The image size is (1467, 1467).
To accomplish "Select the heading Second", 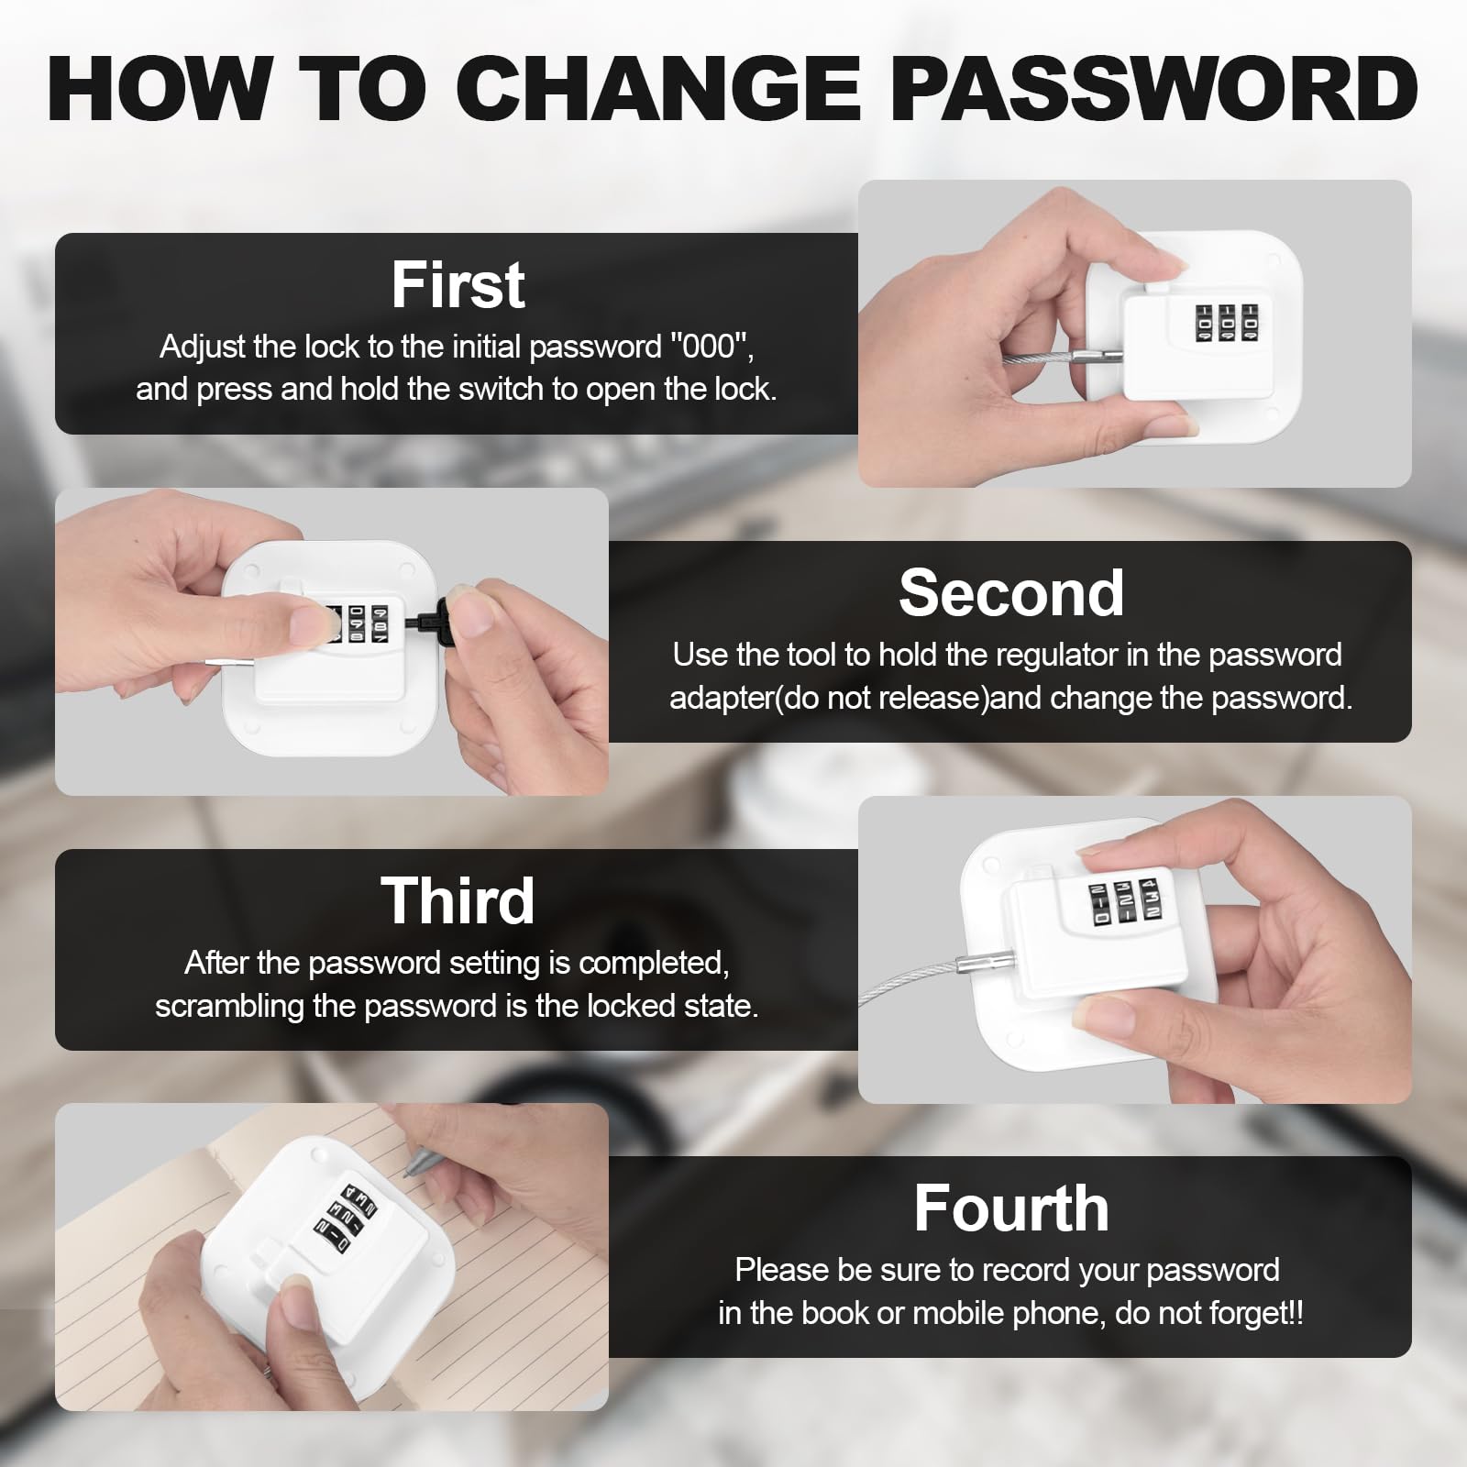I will coord(1010,592).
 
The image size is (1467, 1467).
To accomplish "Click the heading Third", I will coord(458,900).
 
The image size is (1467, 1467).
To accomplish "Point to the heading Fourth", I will coord(1010,1208).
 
